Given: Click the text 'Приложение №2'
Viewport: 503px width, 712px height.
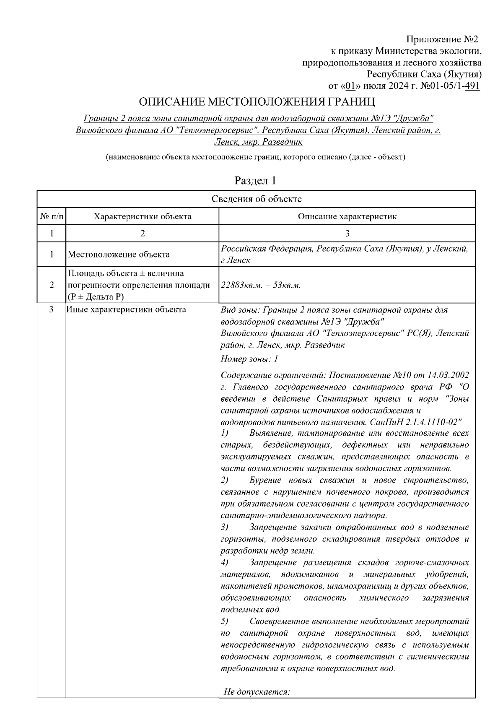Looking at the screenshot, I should [x=442, y=40].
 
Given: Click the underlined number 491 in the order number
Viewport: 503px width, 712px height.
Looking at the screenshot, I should [x=472, y=86].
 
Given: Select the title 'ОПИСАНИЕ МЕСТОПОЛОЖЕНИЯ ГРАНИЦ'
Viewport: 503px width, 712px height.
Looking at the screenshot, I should [x=257, y=101].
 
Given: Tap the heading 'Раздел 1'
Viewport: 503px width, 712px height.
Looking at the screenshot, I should [x=255, y=181].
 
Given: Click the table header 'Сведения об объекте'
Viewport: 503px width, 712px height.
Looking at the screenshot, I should [x=256, y=199].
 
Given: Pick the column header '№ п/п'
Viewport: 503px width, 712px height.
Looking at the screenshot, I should [x=52, y=217].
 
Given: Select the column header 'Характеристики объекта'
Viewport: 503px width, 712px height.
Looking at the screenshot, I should [x=143, y=217].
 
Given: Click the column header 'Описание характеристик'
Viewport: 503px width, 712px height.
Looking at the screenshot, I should [x=347, y=217].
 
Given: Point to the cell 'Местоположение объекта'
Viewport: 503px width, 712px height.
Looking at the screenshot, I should [x=119, y=255].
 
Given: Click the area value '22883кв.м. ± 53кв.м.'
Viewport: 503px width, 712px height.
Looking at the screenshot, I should [x=261, y=285].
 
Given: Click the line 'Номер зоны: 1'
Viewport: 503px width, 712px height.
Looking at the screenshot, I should [x=249, y=359].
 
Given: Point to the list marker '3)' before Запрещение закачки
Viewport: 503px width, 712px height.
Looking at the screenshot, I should [x=224, y=527].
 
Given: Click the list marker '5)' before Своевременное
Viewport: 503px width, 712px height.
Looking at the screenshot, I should [x=224, y=621].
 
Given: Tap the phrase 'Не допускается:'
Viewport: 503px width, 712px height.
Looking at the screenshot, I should [x=257, y=691].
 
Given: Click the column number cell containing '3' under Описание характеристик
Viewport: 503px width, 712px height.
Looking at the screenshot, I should [x=347, y=234].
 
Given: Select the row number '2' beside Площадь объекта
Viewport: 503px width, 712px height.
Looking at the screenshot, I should [x=52, y=285].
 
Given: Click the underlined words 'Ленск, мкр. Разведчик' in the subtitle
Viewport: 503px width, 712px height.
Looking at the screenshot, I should [x=258, y=142].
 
